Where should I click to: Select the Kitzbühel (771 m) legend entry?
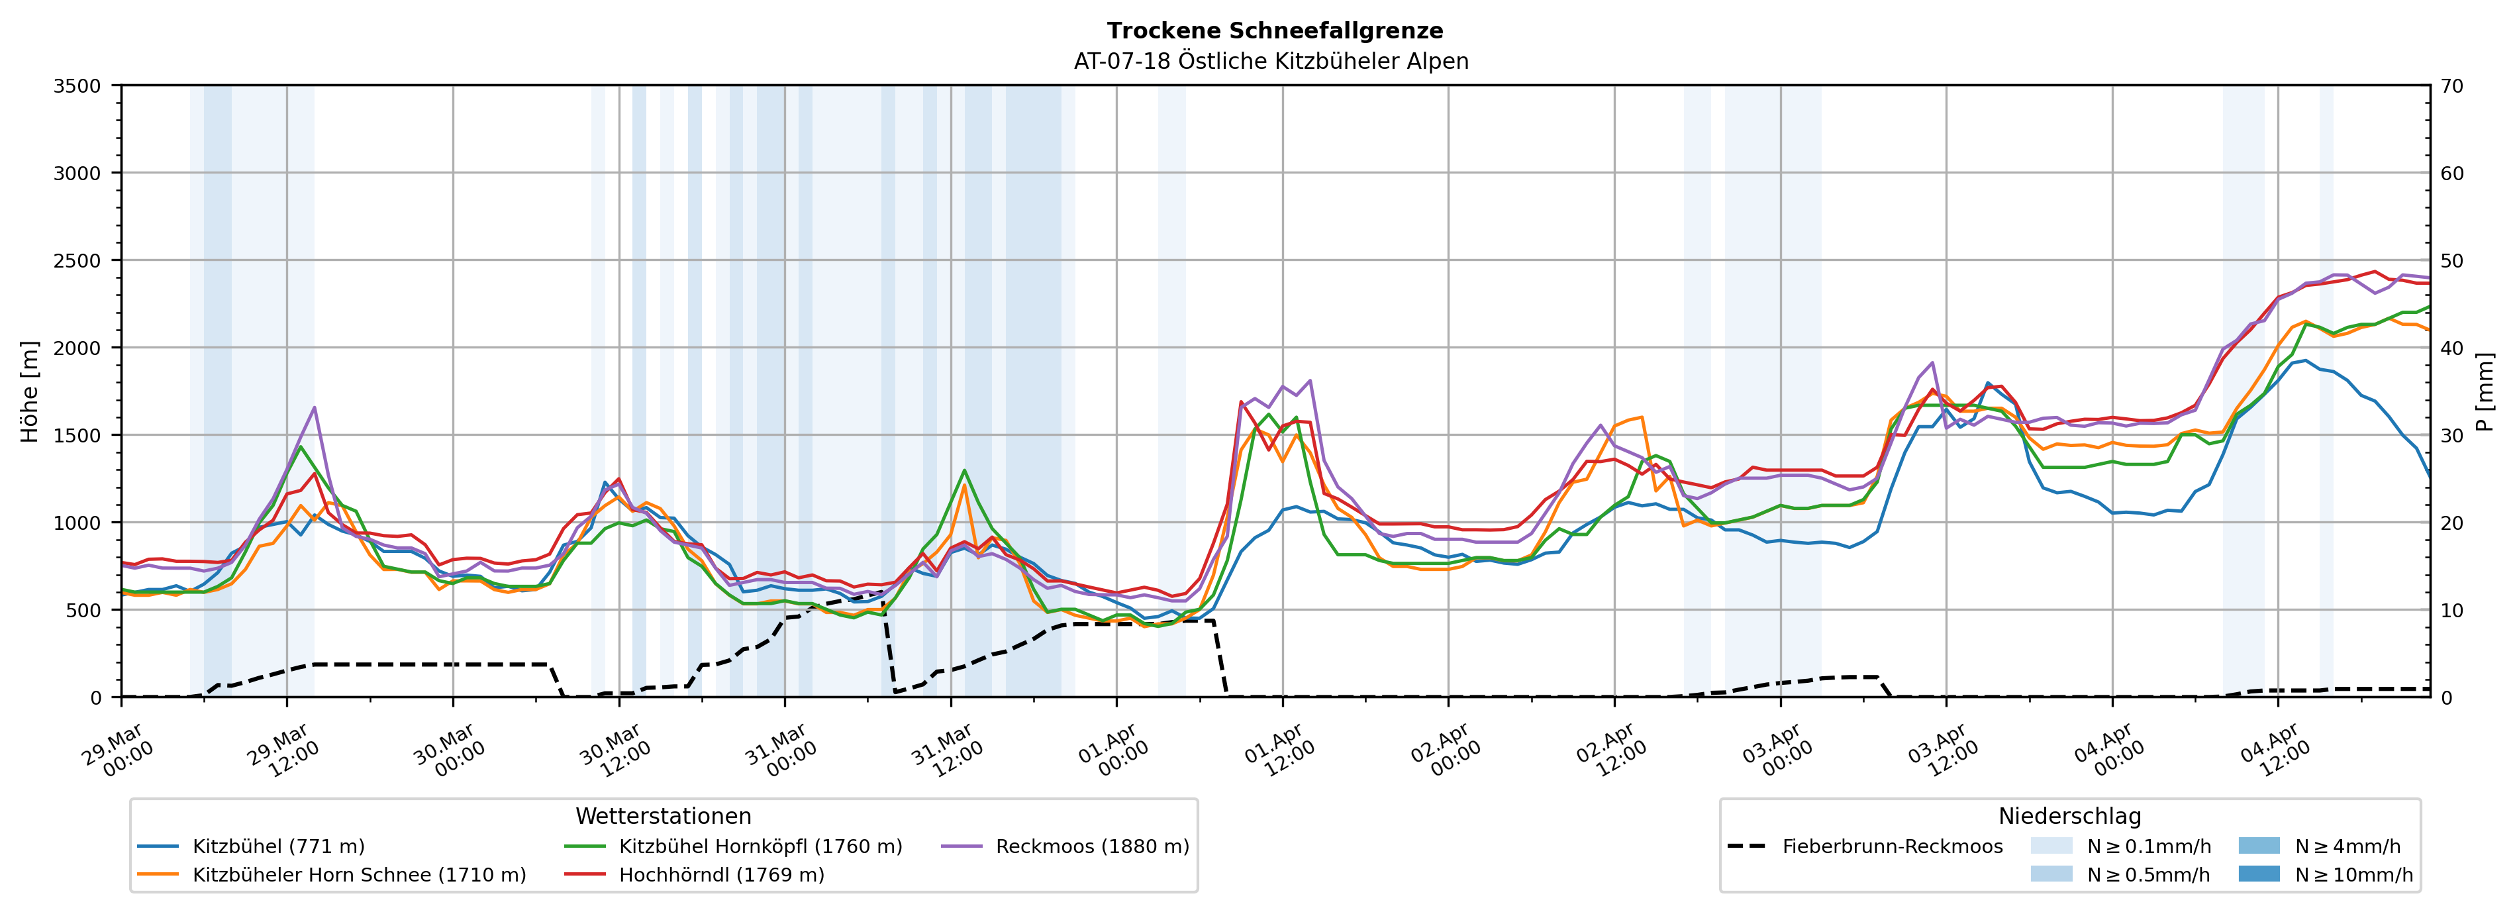pos(279,846)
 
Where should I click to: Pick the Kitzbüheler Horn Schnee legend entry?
pos(359,875)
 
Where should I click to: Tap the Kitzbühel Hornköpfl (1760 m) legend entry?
pos(760,846)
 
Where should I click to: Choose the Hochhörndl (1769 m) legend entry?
pos(721,875)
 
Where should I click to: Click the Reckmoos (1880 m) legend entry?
pos(1091,846)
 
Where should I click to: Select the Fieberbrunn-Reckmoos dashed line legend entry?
pos(1892,846)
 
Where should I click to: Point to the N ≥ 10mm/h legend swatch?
pos(2258,874)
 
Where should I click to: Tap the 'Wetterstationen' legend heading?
pos(664,816)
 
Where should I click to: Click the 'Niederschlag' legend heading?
pos(2069,816)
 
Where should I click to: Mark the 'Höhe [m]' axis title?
pos(30,391)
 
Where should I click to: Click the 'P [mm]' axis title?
pos(2485,391)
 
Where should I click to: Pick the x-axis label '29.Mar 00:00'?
pos(119,750)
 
